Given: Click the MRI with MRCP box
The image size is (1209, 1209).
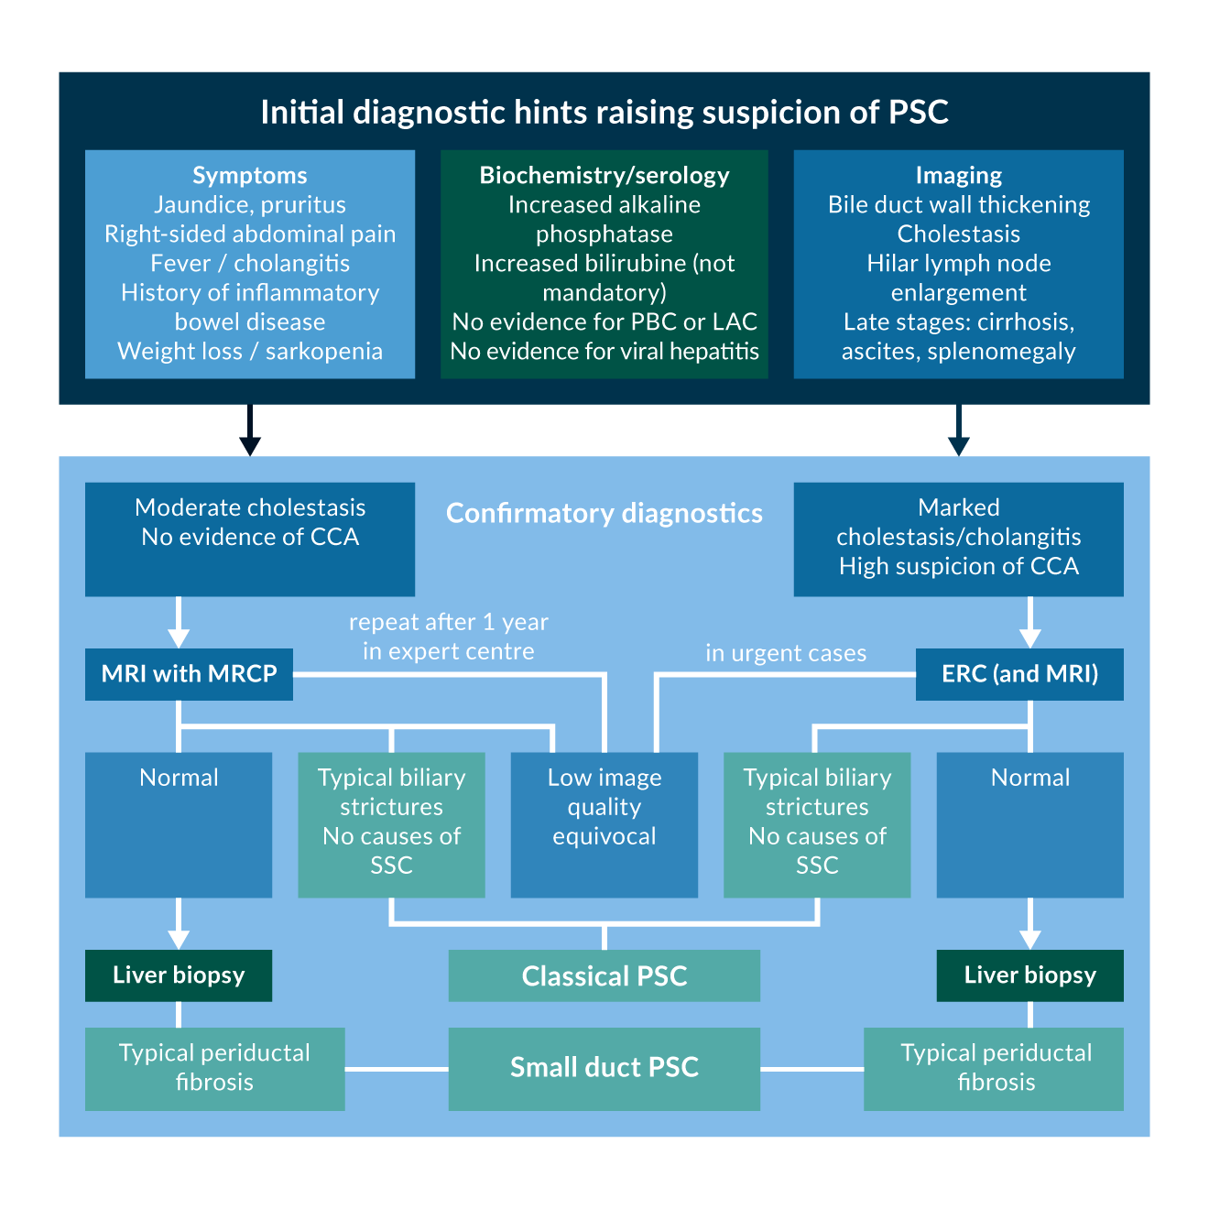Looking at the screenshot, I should click(189, 674).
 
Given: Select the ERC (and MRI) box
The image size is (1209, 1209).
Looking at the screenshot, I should click(1019, 674).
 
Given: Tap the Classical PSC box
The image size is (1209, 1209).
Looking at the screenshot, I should click(604, 975).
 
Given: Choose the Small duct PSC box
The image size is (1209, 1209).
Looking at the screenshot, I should click(604, 1068).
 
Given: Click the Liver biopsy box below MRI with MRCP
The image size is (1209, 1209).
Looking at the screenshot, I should click(179, 975).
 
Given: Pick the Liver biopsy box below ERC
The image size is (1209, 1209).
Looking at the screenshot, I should click(1029, 975).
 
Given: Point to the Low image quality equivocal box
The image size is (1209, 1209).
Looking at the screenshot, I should click(604, 824).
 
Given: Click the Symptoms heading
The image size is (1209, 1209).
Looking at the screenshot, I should click(250, 175).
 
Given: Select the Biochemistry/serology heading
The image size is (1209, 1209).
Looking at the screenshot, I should click(604, 175).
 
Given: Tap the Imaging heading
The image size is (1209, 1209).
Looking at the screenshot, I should click(958, 175).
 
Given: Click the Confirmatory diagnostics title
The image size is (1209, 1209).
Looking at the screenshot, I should click(604, 514).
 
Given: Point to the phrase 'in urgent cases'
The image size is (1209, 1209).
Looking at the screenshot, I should click(785, 653).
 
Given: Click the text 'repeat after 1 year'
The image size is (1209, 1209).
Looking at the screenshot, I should click(448, 622).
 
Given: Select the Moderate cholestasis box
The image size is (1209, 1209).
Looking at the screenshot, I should click(250, 539).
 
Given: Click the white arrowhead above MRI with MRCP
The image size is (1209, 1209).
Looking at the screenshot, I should click(179, 638).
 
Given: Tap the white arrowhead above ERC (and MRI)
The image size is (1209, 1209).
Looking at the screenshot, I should click(1030, 638).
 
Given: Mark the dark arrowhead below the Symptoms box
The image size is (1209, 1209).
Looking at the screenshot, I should click(250, 445).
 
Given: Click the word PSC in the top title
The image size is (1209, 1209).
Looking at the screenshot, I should click(918, 113).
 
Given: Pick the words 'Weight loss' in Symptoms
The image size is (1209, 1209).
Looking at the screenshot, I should click(180, 352).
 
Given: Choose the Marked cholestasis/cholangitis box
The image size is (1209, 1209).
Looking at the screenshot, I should click(958, 539).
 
